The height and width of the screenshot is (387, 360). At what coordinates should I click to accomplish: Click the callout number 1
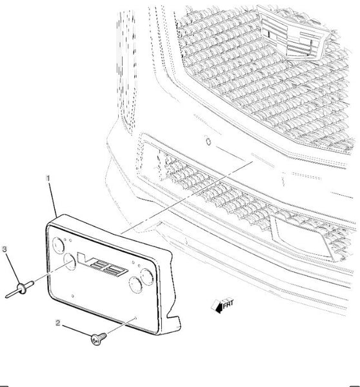(48, 178)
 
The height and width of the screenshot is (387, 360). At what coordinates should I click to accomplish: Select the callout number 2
(58, 323)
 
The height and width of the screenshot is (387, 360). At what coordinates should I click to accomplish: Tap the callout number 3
(5, 249)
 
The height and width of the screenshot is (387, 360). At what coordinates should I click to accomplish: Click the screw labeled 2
(99, 339)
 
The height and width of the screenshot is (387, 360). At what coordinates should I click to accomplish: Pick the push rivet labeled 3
(19, 289)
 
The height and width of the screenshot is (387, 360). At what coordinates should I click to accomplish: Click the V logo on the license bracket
(102, 264)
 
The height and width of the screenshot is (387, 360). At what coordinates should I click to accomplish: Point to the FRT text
(228, 304)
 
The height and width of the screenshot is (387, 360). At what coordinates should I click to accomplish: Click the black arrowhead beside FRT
(219, 308)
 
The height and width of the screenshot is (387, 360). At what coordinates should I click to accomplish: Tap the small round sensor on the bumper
(208, 141)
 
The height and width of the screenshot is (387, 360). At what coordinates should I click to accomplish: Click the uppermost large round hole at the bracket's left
(59, 245)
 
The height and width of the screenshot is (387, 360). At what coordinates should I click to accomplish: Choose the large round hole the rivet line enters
(70, 262)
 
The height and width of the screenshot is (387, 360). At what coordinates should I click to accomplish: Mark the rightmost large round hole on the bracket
(147, 277)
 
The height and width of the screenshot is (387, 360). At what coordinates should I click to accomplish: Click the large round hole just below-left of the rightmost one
(135, 284)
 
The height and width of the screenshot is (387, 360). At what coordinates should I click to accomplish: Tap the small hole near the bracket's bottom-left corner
(72, 295)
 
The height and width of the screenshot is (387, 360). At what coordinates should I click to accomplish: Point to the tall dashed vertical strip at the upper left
(126, 69)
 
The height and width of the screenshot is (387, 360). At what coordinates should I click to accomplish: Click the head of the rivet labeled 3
(21, 288)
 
